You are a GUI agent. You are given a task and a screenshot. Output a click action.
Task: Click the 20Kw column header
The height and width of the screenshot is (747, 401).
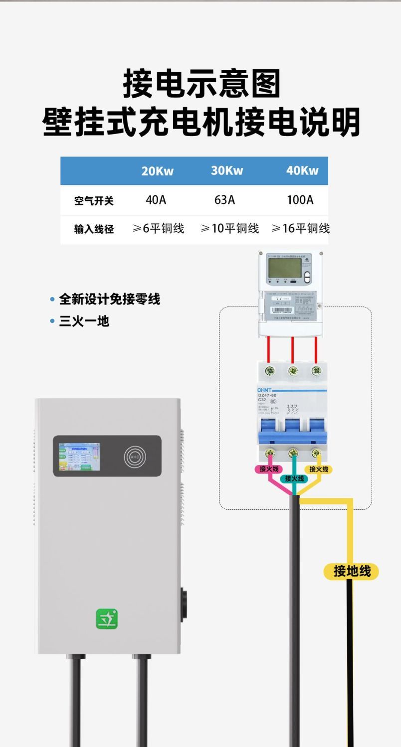coord(157,171)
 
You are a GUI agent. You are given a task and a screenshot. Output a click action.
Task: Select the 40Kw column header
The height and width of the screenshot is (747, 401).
coord(302,170)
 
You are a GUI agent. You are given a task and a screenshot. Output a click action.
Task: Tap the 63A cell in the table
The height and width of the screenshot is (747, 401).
coord(224,200)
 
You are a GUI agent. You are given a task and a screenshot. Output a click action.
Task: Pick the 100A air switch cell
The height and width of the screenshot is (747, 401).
coord(300,200)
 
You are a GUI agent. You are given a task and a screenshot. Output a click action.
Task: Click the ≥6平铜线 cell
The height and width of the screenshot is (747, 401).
coord(158,229)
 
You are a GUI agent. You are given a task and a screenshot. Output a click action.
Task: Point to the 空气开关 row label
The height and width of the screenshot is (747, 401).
coord(94,201)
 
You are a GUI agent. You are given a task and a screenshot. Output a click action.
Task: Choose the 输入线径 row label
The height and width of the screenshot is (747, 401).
coord(94,229)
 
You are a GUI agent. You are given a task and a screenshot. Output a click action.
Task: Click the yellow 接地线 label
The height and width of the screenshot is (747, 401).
coord(352,571)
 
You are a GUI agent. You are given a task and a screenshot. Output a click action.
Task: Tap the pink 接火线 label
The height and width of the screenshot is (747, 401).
coord(269,469)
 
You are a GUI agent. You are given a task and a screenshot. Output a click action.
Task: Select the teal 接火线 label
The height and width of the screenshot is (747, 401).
coord(294,478)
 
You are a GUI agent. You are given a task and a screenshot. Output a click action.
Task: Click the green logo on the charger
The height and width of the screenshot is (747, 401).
coord(107,618)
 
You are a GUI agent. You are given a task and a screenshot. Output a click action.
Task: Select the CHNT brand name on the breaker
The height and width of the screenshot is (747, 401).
coord(264,390)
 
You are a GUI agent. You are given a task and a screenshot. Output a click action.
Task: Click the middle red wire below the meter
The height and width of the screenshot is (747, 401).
coord(292,348)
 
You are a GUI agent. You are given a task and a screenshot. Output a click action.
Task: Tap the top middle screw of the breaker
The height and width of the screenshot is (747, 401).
coord(293,371)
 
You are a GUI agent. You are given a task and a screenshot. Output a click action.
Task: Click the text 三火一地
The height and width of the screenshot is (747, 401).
coord(84,321)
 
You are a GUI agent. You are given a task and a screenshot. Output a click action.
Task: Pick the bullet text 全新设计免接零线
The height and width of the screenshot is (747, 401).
coord(109,299)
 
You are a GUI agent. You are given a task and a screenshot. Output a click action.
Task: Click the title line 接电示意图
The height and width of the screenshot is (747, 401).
coord(201,84)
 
